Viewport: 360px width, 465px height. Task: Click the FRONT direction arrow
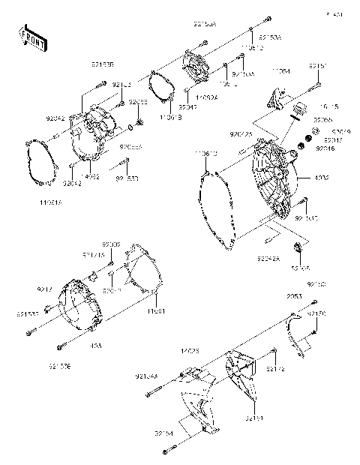[x=29, y=36]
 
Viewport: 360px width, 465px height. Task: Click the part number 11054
[x=280, y=70]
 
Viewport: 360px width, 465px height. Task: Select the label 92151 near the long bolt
[x=317, y=66]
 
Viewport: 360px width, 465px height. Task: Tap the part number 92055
[x=322, y=120]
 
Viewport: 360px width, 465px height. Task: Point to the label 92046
[x=324, y=149]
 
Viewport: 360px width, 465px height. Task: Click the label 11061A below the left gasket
[x=51, y=202]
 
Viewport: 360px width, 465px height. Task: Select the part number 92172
[x=274, y=368]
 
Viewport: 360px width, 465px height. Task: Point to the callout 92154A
[x=146, y=376]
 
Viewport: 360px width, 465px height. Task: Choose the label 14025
[x=187, y=350]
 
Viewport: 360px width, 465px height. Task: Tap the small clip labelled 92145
[x=299, y=249]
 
